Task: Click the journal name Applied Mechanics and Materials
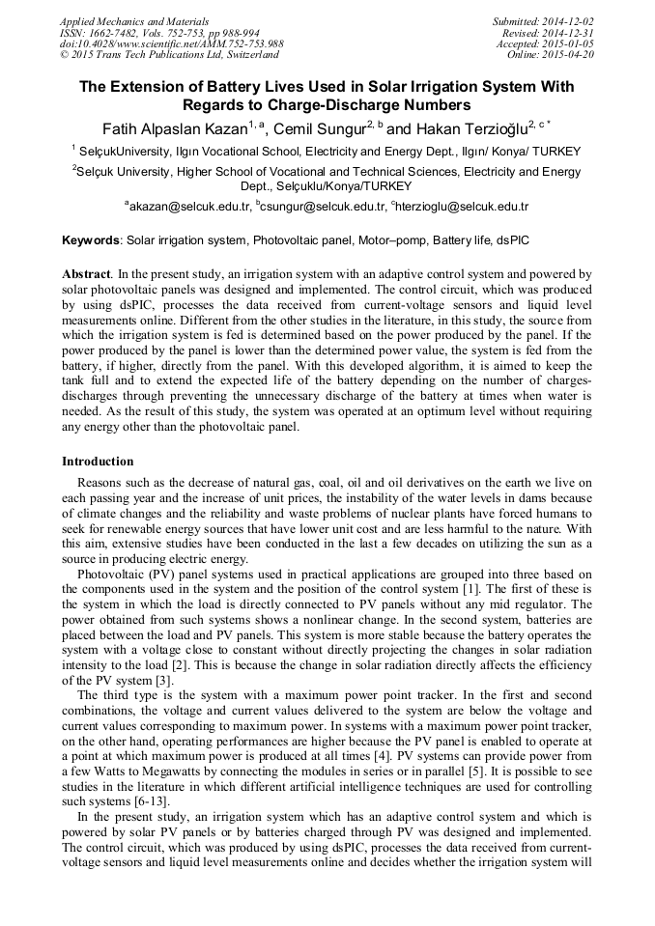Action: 133,21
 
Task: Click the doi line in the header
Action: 171,44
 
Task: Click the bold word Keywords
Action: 91,239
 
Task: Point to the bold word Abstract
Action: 86,274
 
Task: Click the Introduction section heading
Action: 98,462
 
